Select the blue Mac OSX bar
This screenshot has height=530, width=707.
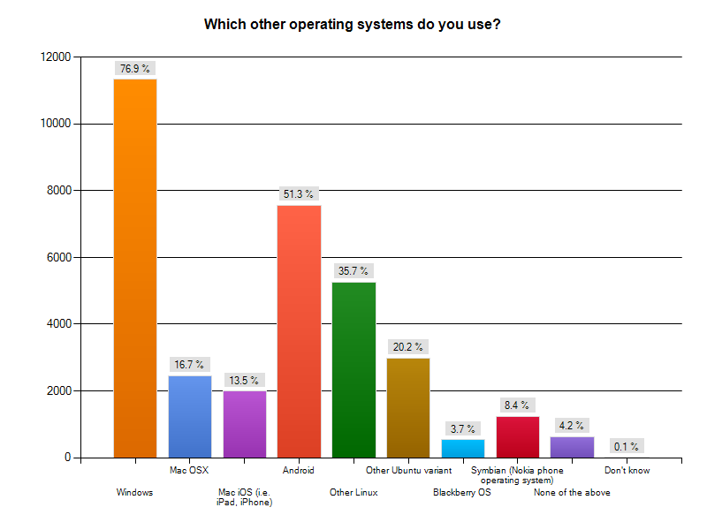pos(190,416)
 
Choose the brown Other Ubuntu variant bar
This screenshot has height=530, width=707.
pos(408,407)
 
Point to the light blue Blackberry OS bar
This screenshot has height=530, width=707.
pos(463,448)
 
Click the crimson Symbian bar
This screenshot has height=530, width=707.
pos(518,436)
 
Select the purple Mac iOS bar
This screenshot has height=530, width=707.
pos(245,424)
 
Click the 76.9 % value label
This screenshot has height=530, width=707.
pos(135,68)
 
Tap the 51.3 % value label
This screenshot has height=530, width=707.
pos(299,193)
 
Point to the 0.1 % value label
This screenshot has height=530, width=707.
pos(627,446)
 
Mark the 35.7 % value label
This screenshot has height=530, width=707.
pos(353,270)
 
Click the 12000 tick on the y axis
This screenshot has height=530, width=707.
pos(56,57)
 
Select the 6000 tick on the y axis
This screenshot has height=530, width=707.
pos(59,257)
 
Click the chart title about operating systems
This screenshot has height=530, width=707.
pos(353,24)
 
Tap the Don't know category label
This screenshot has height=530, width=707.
pos(627,471)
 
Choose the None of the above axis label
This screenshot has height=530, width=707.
pos(572,493)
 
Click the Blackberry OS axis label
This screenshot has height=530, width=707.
pos(461,493)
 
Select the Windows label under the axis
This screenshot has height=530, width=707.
pos(135,493)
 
